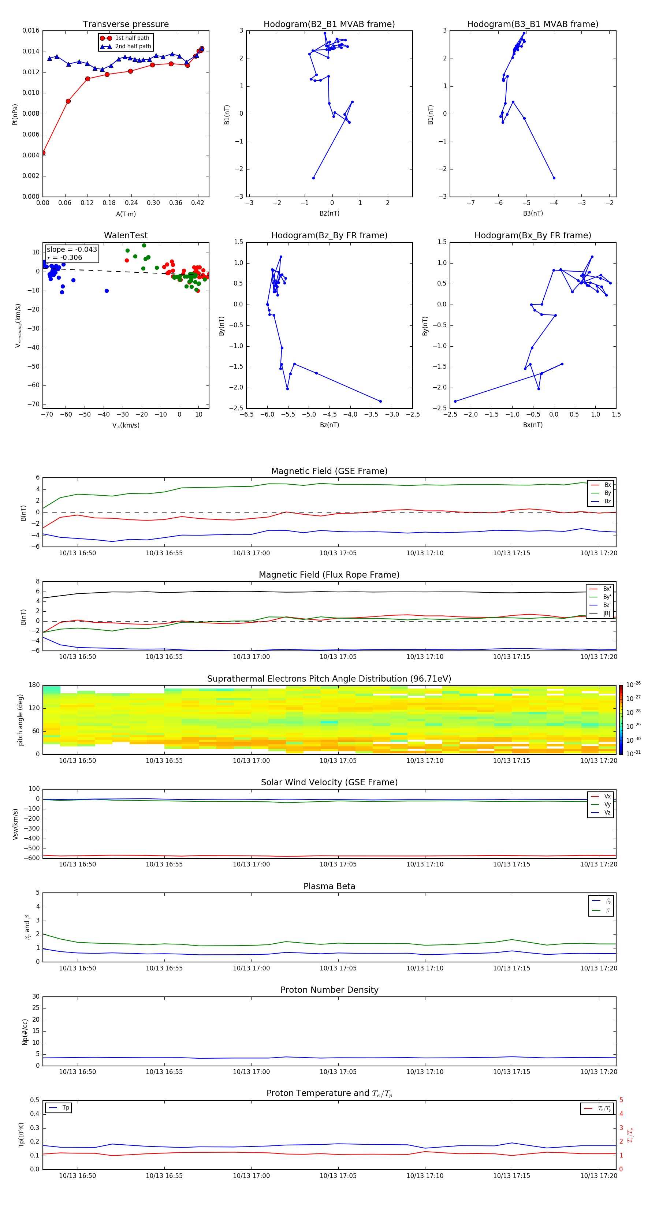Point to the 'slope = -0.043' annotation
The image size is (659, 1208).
72,250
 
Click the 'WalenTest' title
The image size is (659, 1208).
126,235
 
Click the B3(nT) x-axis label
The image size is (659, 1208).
533,213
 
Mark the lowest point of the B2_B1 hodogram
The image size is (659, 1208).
313,178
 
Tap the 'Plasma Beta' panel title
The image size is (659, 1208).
329,886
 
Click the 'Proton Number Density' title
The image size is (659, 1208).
329,990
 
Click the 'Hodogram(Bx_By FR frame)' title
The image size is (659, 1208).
532,235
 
